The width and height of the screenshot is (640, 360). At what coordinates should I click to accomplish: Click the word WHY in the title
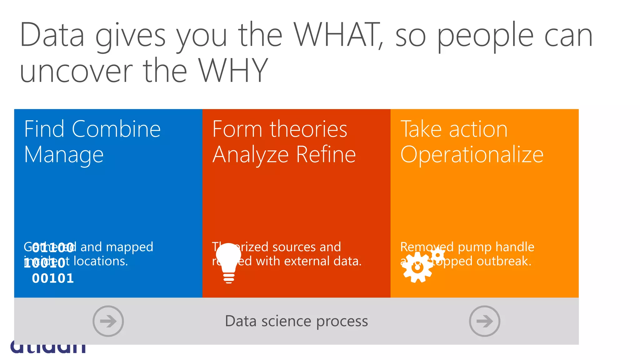[x=233, y=71]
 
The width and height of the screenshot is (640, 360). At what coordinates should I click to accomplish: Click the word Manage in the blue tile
[x=64, y=155]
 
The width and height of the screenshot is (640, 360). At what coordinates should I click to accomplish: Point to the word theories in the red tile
[x=308, y=129]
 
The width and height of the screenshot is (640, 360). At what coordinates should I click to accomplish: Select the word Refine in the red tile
[x=326, y=154]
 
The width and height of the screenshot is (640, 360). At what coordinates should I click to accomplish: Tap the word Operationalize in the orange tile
[x=472, y=155]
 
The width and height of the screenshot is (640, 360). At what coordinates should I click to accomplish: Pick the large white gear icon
[x=417, y=267]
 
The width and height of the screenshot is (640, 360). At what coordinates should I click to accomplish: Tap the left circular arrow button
[x=108, y=321]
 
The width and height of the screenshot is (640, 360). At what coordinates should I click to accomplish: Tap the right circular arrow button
[x=484, y=321]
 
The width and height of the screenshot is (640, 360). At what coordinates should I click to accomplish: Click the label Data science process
[x=296, y=321]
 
